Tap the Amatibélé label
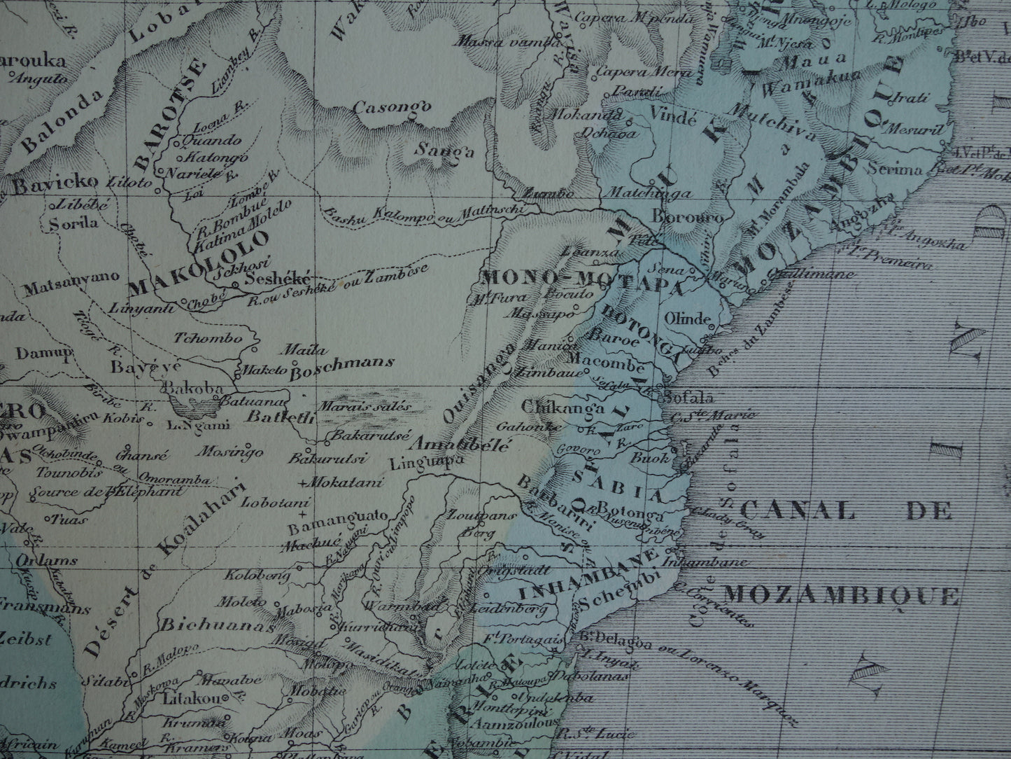pos(463,444)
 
